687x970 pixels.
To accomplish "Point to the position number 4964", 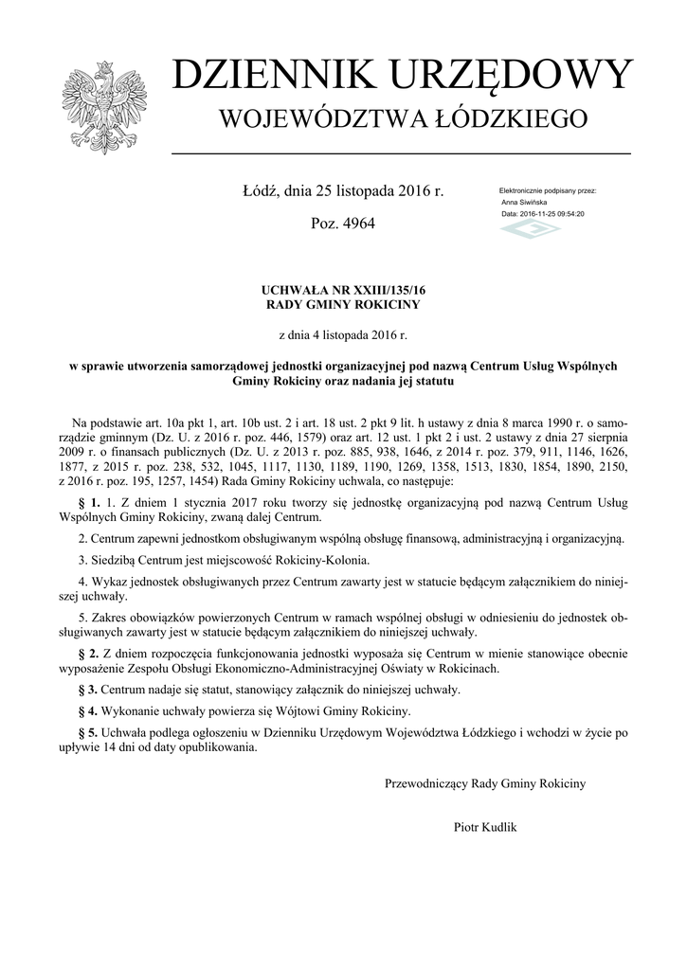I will tap(356, 224).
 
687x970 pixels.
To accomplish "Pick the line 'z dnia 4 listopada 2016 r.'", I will tap(343, 334).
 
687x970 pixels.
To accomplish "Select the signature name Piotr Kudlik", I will tap(485, 827).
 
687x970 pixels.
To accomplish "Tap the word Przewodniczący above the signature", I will tap(425, 783).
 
